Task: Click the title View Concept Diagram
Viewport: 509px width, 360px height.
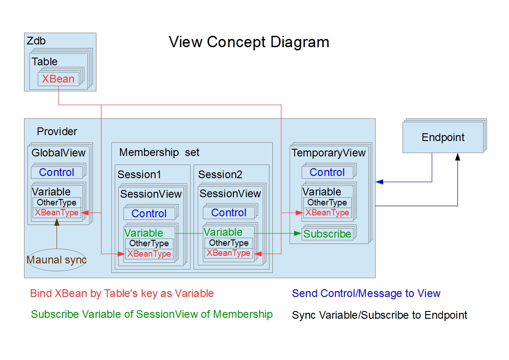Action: tap(249, 42)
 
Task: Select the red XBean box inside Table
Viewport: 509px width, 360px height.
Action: tap(58, 79)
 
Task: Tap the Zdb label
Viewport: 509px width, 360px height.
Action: tap(36, 41)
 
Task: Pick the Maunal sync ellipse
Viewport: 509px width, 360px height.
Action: tap(57, 260)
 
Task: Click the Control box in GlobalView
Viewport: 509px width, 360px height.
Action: tap(57, 172)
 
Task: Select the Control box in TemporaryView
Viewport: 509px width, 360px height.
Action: tap(327, 172)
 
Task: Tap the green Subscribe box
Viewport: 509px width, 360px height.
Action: tap(327, 234)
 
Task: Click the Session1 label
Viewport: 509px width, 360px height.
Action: tap(139, 175)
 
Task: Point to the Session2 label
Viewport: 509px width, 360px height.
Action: tap(220, 175)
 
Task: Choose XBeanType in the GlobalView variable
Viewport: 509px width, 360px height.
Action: tap(57, 213)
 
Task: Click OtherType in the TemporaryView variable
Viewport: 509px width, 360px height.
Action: tap(327, 203)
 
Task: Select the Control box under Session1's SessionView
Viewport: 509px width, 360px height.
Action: tap(149, 214)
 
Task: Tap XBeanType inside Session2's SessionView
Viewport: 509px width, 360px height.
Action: tap(228, 253)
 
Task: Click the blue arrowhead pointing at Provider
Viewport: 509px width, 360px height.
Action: tap(379, 182)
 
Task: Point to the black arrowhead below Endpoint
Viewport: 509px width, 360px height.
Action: tap(458, 157)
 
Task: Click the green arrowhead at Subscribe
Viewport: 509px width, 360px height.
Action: tap(297, 234)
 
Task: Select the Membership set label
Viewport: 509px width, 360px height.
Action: tap(159, 152)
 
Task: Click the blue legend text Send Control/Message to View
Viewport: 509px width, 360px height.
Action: tap(366, 293)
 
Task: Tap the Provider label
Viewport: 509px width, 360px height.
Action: tap(57, 131)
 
